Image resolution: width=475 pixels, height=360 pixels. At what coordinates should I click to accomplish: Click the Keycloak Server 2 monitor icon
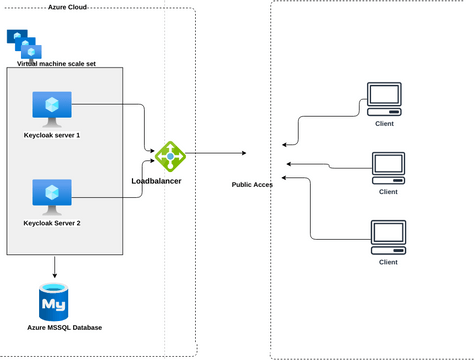click(52, 193)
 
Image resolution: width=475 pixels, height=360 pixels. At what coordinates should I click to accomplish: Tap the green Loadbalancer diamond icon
click(169, 155)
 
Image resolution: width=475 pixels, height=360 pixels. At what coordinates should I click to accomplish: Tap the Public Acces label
click(252, 185)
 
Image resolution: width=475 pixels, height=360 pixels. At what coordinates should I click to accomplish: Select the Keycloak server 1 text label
click(52, 134)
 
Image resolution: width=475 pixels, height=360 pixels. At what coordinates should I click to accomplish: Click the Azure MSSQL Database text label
click(64, 328)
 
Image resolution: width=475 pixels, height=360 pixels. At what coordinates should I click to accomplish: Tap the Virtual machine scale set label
click(57, 63)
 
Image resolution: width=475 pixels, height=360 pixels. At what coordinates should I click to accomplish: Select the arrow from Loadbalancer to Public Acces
click(215, 153)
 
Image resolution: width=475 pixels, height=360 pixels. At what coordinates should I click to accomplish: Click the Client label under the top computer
click(384, 124)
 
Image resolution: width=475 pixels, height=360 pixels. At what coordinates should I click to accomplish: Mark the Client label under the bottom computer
click(388, 262)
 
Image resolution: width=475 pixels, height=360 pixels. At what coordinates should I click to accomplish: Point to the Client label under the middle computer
click(388, 191)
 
